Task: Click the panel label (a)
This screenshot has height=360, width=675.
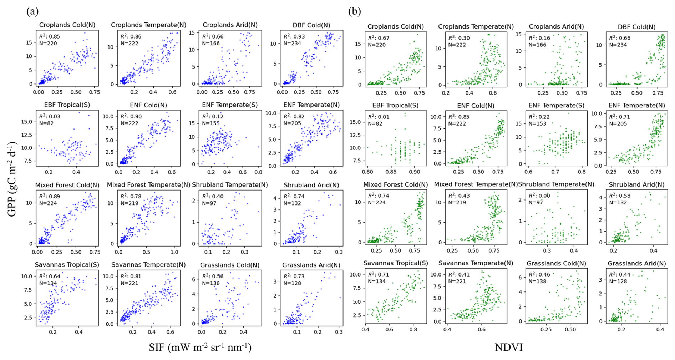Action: (32, 11)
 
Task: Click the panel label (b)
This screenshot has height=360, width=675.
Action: (354, 11)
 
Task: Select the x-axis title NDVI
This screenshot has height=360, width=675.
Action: (508, 347)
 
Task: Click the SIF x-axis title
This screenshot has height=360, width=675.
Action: (200, 347)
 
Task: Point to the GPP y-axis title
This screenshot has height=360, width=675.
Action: (12, 179)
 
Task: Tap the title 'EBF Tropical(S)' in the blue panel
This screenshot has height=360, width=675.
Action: (67, 105)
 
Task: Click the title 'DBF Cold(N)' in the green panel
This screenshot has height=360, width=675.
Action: (636, 27)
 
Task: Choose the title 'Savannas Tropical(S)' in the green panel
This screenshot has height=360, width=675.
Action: (395, 263)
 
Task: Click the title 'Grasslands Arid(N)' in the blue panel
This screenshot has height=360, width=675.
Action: (311, 265)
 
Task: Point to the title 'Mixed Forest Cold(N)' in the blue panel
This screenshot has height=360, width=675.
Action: (67, 185)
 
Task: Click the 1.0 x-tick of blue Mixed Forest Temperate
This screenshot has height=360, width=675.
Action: (174, 252)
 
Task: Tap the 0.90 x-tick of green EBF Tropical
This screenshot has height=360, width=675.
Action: (414, 172)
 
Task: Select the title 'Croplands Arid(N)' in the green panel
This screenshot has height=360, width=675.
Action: (556, 27)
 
